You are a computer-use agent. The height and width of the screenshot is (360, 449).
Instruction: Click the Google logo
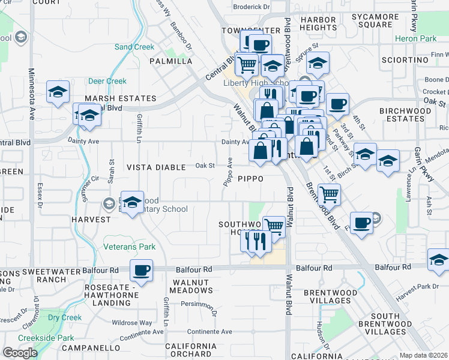click(x=20, y=353)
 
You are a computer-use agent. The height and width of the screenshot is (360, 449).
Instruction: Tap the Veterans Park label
click(x=130, y=247)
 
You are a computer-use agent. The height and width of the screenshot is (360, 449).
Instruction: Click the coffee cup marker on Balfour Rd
click(x=142, y=271)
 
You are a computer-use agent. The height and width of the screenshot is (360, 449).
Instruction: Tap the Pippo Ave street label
click(x=228, y=172)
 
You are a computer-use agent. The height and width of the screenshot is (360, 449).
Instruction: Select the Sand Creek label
click(x=134, y=47)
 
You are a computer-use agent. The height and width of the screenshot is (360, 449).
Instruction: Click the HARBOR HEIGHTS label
click(x=318, y=24)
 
